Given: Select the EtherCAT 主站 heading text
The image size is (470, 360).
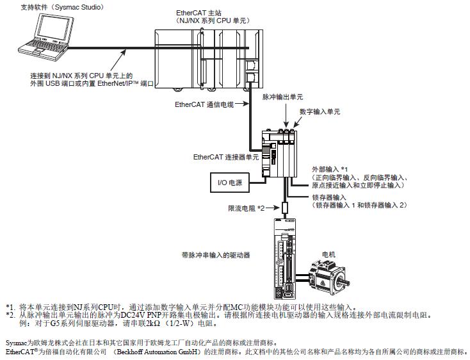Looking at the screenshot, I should pos(196,12).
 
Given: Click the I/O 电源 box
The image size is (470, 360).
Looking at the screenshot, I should pos(230,183).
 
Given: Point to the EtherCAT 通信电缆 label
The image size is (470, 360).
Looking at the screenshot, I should pos(205,103).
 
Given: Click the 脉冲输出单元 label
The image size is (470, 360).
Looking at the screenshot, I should pos(282,97).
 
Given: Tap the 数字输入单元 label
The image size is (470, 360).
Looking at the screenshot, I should pos(320,111).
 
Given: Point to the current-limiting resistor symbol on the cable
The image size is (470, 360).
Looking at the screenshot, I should pos(285,208).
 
